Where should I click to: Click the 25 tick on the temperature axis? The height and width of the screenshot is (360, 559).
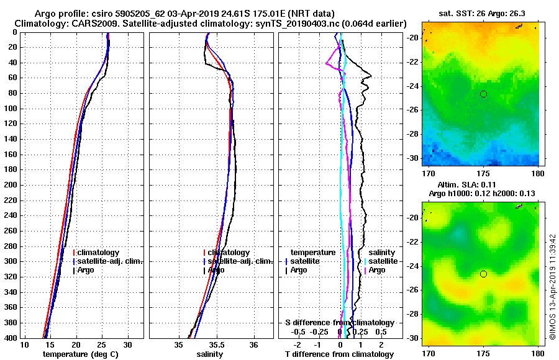[x=102, y=345]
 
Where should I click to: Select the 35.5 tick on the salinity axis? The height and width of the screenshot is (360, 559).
[x=216, y=345]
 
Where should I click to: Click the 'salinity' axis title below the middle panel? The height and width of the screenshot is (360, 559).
[x=210, y=354]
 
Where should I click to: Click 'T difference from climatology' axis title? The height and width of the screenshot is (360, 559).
[x=339, y=354]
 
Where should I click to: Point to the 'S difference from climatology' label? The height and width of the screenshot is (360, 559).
[x=340, y=323]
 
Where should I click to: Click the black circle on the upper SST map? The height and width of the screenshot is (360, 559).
[x=483, y=94]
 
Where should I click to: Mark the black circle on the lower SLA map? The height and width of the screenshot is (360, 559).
[x=483, y=274]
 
